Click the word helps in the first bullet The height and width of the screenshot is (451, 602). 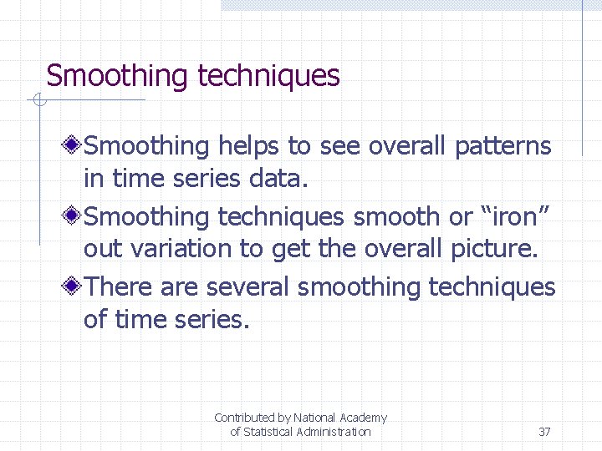pos(248,146)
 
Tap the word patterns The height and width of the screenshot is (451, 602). pos(503,146)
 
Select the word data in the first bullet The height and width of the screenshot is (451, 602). pos(281,178)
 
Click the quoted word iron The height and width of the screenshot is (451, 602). pos(516,217)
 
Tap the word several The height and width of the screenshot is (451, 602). pos(248,287)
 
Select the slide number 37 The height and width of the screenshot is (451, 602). pos(544,432)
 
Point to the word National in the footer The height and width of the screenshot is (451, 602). pos(315,418)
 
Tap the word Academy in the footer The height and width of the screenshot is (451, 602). pos(364,418)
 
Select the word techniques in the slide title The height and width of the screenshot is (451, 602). pos(268,76)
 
